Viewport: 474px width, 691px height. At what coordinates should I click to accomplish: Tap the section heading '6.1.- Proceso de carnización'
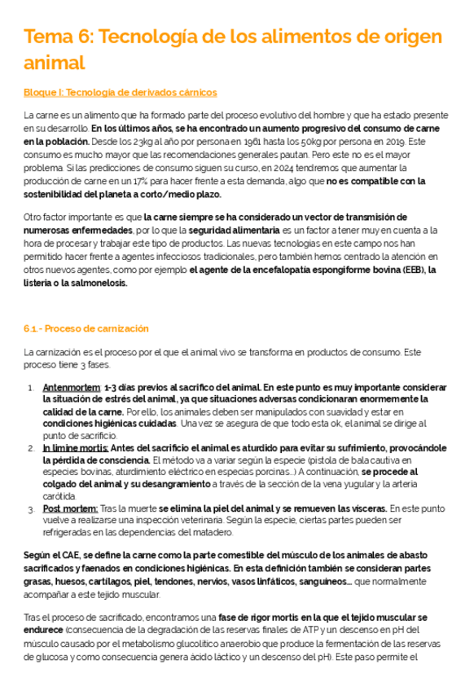[x=86, y=328]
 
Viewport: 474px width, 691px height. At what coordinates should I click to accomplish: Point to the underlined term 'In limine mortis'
[x=75, y=447]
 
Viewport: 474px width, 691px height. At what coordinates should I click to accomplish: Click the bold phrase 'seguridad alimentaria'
[x=221, y=231]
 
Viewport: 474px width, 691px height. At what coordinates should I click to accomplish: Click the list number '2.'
[x=31, y=447]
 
